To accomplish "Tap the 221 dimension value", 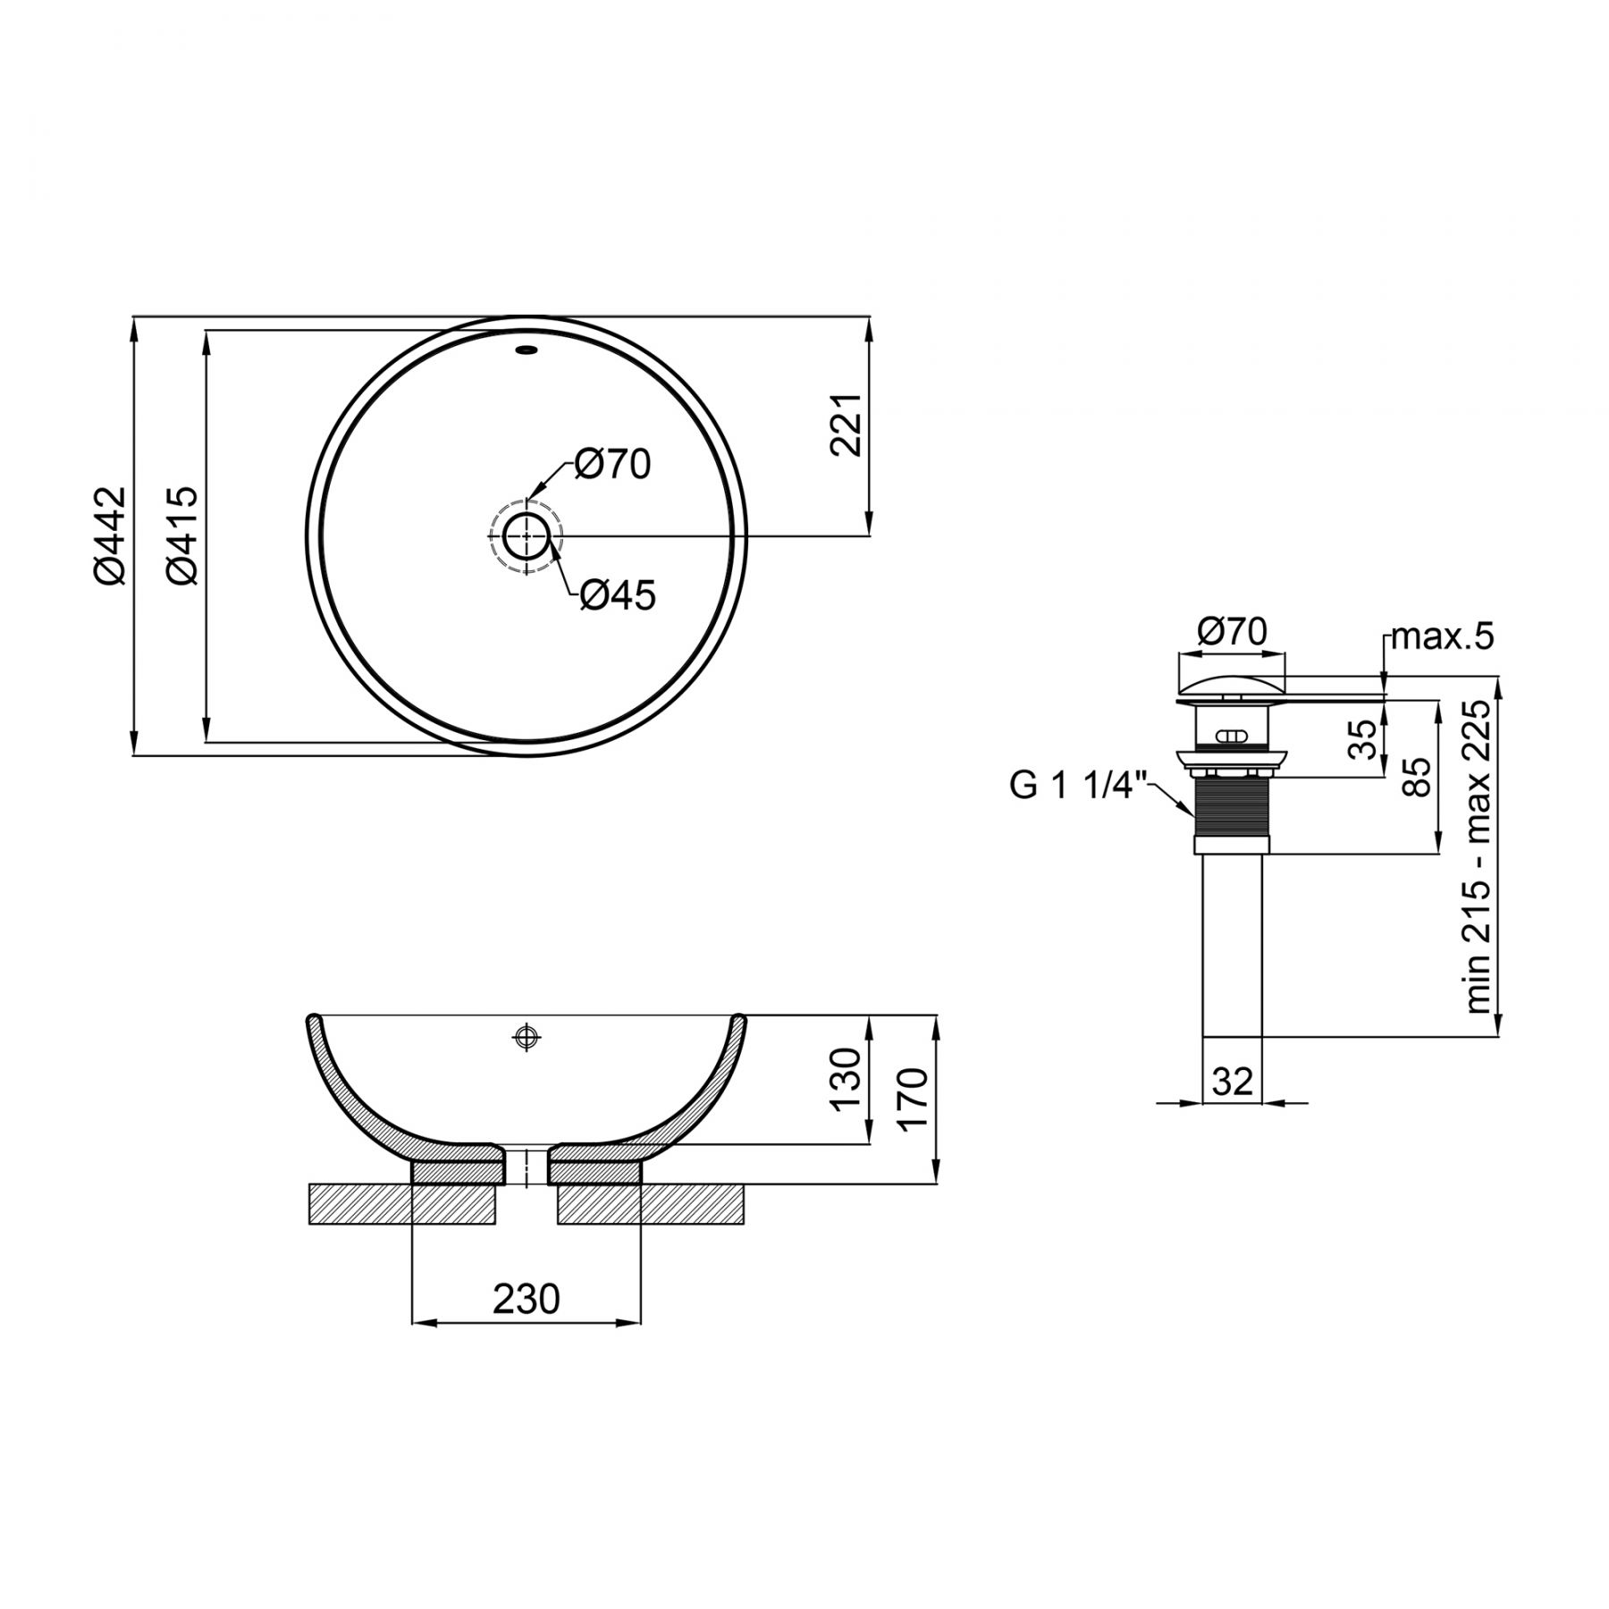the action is pos(846,425).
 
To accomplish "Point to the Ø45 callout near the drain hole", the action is pos(618,594).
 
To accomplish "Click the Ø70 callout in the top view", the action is pos(612,464).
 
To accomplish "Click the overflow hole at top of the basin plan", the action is pos(527,350).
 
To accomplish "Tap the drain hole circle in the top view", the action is pos(526,536).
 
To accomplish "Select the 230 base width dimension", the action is pos(526,1299).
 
